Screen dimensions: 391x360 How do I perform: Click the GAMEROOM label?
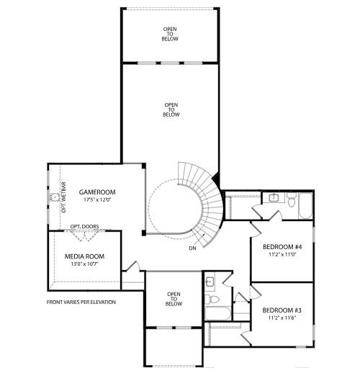(x=97, y=192)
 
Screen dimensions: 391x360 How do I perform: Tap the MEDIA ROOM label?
(x=85, y=256)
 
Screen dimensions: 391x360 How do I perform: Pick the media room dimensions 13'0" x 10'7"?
(x=85, y=264)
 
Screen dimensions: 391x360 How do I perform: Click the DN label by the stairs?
(x=193, y=248)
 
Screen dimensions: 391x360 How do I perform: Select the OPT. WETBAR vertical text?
(x=63, y=196)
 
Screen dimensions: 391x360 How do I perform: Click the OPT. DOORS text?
(x=84, y=227)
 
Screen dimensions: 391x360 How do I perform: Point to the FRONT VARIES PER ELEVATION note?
(x=81, y=302)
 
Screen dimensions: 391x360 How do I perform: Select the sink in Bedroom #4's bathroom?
(x=274, y=197)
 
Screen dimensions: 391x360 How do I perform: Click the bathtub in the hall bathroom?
(x=217, y=314)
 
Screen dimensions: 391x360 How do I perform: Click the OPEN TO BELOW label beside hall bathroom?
(x=174, y=298)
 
